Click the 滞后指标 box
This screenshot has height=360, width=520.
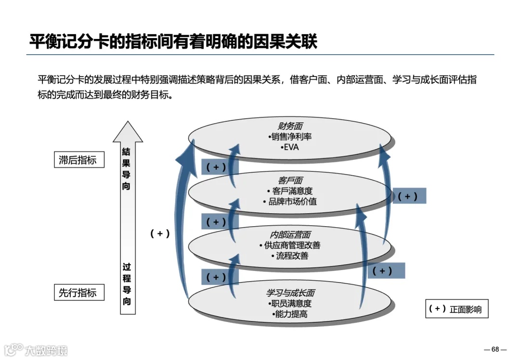pos(78,160)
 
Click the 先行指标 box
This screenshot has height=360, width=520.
pos(78,293)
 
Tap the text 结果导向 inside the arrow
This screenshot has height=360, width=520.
pos(126,168)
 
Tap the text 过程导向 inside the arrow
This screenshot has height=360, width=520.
pos(127,284)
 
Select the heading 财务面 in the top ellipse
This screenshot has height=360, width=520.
pos(290,126)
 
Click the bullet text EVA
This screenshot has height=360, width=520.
pos(291,147)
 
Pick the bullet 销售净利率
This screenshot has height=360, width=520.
pos(291,137)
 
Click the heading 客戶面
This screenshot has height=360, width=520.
pos(290,180)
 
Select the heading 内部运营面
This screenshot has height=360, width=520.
pos(290,235)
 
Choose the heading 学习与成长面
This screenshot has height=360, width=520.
pos(290,293)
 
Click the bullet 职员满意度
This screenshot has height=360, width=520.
pos(291,304)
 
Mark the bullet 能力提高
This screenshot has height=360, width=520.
pos(291,314)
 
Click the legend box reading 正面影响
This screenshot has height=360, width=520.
pos(456,309)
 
